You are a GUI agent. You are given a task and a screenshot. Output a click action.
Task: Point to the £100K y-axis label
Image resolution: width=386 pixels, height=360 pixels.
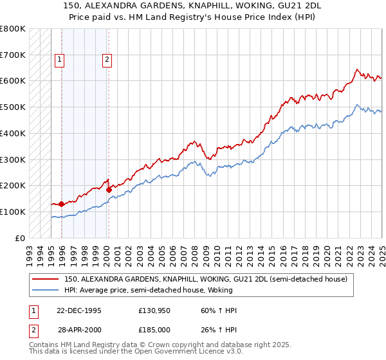[13, 212]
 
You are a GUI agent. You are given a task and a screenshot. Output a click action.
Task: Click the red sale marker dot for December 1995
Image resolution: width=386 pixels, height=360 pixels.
[61, 204]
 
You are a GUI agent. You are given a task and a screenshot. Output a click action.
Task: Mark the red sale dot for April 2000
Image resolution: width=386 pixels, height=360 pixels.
[109, 190]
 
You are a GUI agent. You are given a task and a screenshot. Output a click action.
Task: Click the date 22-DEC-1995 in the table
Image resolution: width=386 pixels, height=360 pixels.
[79, 310]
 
